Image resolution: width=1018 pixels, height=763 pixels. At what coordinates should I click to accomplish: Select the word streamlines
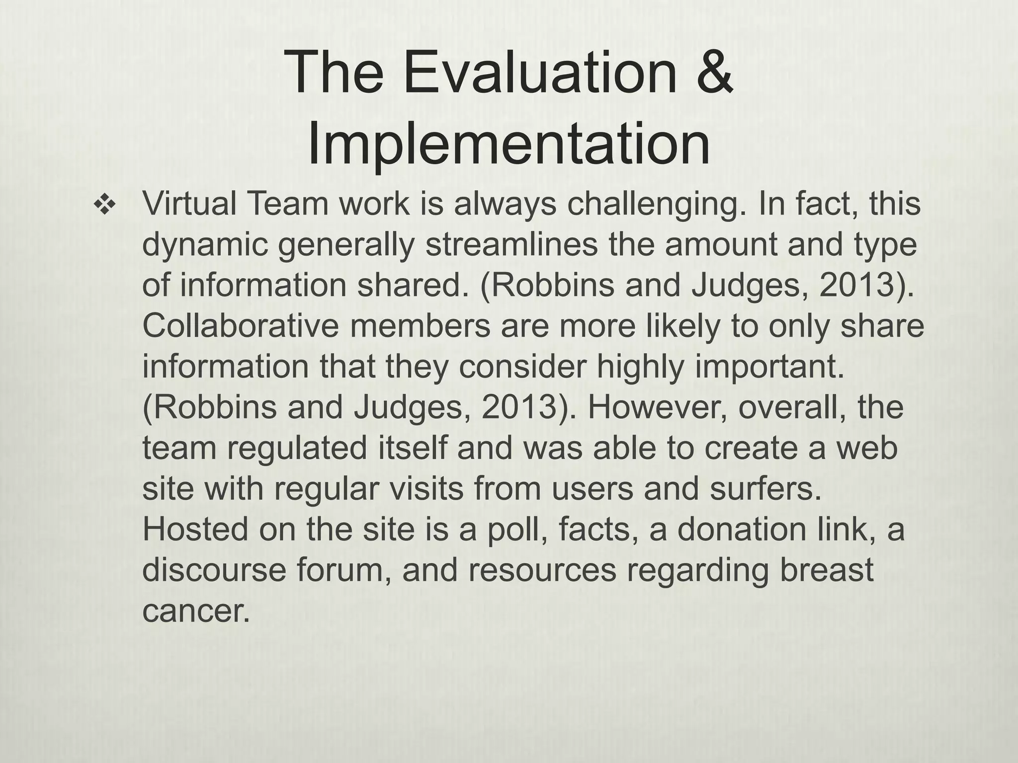(512, 245)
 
